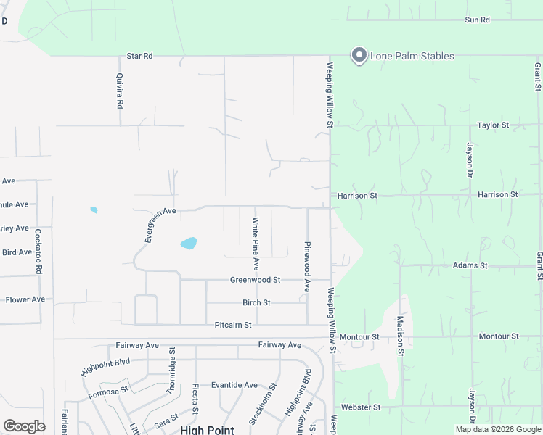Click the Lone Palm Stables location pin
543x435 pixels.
[358, 55]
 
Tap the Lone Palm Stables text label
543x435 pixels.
[412, 56]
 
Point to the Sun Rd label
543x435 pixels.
[478, 20]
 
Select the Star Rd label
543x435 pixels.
[139, 56]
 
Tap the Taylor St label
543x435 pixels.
[493, 125]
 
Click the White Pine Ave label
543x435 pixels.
[256, 239]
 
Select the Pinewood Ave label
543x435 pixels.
[307, 267]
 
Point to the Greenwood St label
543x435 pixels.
[255, 280]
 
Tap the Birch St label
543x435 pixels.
[256, 302]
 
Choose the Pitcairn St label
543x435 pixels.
[232, 325]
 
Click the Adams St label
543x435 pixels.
[470, 265]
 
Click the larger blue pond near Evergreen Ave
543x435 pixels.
[188, 243]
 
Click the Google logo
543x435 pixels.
[24, 426]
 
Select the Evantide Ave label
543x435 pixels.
[234, 385]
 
